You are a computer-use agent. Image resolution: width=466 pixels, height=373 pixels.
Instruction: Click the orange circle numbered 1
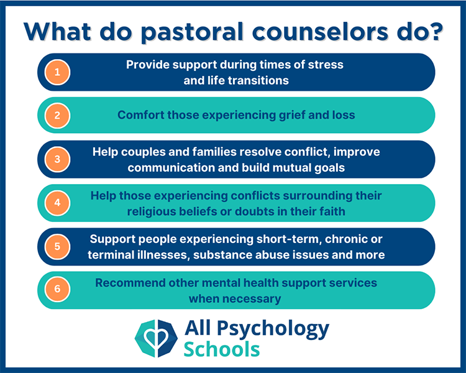(x=58, y=72)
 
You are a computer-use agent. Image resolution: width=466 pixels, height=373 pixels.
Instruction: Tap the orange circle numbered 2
(x=58, y=115)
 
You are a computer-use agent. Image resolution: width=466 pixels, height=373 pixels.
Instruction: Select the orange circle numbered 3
(x=58, y=159)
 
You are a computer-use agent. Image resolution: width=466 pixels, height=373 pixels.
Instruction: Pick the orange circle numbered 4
(x=58, y=203)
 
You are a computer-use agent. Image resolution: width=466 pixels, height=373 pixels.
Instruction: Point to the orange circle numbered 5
(x=58, y=246)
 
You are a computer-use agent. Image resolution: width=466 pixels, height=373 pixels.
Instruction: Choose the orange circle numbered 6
(x=58, y=290)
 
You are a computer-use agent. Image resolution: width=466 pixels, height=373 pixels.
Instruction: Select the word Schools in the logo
(x=222, y=349)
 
